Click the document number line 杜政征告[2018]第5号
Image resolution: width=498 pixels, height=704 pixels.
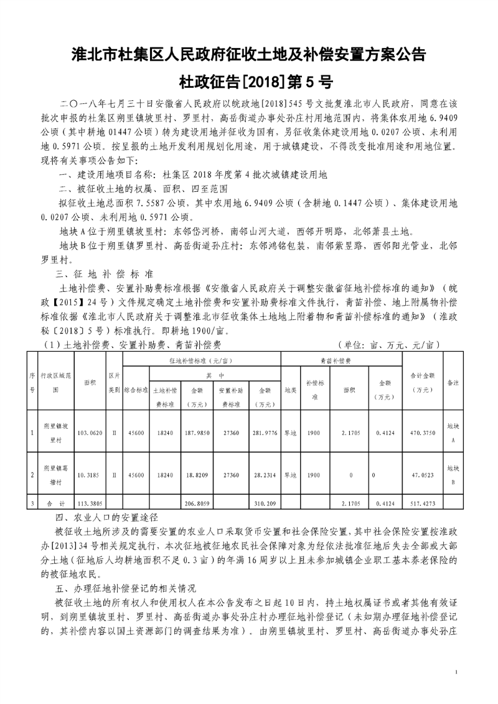click(x=248, y=82)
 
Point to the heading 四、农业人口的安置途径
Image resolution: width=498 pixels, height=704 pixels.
click(x=108, y=517)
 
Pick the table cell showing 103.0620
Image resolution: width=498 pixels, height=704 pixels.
click(x=90, y=431)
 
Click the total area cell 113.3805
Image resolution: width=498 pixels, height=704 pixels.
click(x=90, y=502)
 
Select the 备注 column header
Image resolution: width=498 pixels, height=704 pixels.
click(x=454, y=383)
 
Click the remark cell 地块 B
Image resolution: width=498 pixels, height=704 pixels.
click(x=454, y=474)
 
